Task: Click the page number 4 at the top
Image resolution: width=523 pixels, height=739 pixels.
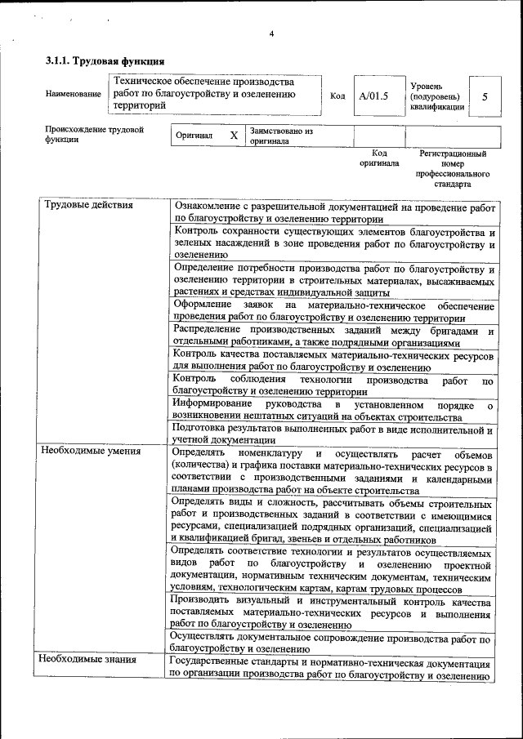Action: tap(271, 33)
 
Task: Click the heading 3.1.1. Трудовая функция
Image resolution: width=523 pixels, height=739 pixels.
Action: tap(105, 61)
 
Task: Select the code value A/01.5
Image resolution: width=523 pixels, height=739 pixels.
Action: tap(373, 96)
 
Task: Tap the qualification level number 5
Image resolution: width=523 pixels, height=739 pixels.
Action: tap(485, 96)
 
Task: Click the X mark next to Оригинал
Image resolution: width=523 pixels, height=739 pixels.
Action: tap(234, 136)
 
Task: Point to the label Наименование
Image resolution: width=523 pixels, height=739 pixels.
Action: tap(74, 95)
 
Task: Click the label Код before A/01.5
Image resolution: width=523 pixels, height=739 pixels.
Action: tap(337, 96)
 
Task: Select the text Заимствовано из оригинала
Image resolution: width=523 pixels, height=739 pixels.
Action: tap(282, 136)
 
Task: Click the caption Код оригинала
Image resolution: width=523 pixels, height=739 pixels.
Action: tap(378, 158)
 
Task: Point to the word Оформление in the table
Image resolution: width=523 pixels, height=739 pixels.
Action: tap(203, 305)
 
